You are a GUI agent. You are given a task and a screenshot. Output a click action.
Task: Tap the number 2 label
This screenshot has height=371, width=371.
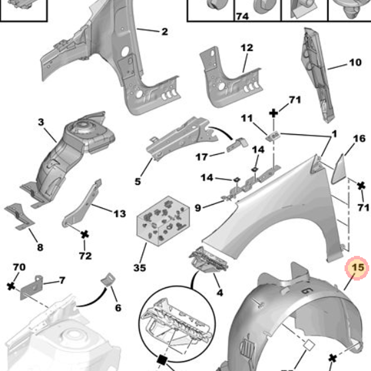click(164, 32)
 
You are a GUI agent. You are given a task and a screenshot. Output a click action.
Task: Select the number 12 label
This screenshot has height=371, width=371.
click(247, 47)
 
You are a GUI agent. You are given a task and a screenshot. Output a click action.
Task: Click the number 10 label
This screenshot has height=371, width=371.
click(355, 62)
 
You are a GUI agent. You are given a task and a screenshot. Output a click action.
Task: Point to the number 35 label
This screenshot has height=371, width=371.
click(140, 267)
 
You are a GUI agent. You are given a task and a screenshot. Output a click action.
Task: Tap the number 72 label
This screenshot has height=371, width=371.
click(85, 256)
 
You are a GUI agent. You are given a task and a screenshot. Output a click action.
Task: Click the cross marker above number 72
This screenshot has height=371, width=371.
click(85, 234)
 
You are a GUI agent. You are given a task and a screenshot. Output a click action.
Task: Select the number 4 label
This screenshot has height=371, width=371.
click(220, 293)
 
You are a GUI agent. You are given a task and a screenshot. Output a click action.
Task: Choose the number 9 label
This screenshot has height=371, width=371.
click(198, 208)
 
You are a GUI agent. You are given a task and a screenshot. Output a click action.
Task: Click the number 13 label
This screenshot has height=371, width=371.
click(119, 213)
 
